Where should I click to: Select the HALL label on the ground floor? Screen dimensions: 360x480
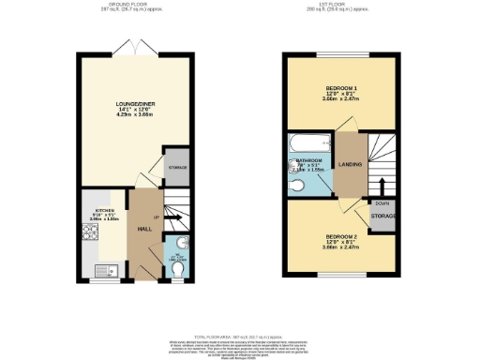pos(145,227)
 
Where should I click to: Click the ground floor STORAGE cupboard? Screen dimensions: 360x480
pos(177,167)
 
